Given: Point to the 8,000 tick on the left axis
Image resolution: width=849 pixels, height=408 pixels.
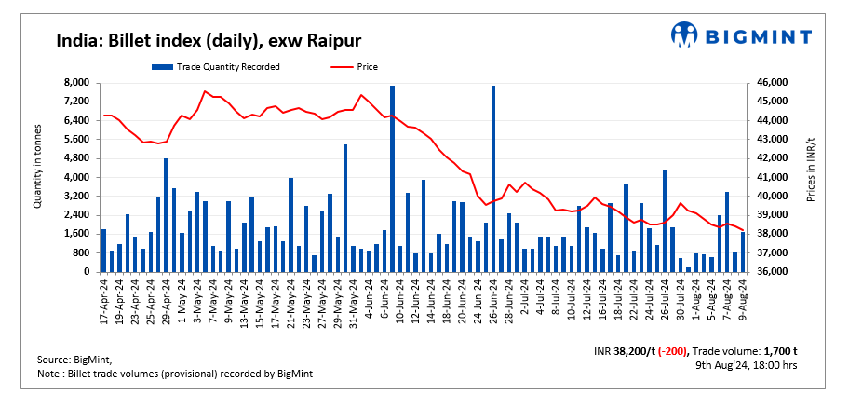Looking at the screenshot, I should point(75,83).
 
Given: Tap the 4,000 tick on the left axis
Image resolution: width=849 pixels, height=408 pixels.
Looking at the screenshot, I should point(75,177).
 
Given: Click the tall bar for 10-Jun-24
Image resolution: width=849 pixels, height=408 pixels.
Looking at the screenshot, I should point(393,177).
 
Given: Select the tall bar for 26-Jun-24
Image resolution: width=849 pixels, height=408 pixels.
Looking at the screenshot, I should point(493,177).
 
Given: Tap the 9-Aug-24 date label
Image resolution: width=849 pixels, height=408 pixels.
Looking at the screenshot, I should point(743,298).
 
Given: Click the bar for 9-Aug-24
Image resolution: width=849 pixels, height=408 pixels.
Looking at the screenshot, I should point(743,252).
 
